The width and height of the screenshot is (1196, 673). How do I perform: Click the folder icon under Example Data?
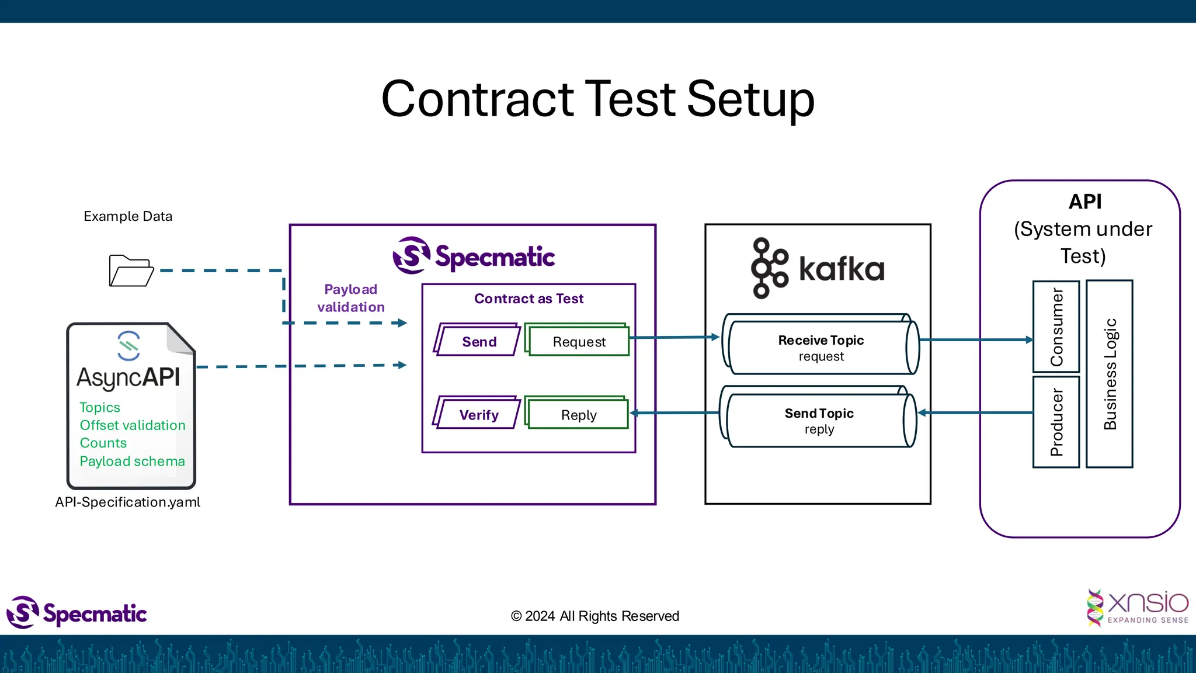pyautogui.click(x=131, y=271)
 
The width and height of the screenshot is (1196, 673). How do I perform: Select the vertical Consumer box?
pyautogui.click(x=1056, y=327)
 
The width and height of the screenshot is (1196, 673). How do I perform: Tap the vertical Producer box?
pyautogui.click(x=1056, y=422)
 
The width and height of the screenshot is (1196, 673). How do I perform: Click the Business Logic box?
pyautogui.click(x=1110, y=374)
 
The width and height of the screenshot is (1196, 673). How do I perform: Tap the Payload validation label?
pyautogui.click(x=351, y=298)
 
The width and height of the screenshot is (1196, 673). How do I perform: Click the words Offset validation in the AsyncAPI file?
pyautogui.click(x=133, y=425)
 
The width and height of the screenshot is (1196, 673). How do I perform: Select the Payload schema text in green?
pyautogui.click(x=132, y=461)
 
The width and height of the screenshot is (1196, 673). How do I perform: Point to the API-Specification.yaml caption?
pyautogui.click(x=127, y=502)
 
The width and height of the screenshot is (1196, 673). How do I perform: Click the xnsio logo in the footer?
pyautogui.click(x=1138, y=608)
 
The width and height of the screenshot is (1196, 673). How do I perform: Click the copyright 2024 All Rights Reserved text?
pyautogui.click(x=594, y=616)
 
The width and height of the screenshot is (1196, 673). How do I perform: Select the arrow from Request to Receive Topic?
pyautogui.click(x=675, y=337)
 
